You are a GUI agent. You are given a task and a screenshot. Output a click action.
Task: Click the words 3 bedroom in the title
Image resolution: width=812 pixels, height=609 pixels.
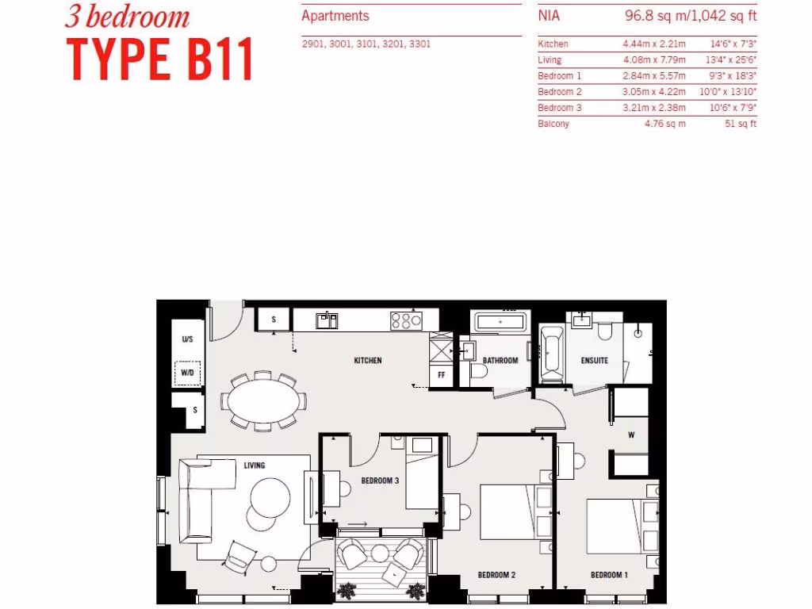(x=127, y=17)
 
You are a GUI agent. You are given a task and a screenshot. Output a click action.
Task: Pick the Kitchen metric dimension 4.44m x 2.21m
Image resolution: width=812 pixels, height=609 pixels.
(x=654, y=44)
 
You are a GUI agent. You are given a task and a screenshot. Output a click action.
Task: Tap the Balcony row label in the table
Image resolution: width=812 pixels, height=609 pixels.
(x=553, y=124)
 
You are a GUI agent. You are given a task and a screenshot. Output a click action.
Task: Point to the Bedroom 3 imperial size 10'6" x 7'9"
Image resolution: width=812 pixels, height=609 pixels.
(x=733, y=108)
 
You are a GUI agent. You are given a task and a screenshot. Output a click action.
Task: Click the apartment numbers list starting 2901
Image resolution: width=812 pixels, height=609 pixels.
(x=366, y=44)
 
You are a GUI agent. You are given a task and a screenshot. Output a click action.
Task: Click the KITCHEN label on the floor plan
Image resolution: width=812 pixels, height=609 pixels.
(x=367, y=361)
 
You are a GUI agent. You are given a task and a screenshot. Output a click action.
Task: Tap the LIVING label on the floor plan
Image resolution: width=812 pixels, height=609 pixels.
(x=254, y=465)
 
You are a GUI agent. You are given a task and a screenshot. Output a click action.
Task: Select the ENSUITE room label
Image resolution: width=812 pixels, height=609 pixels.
(x=594, y=361)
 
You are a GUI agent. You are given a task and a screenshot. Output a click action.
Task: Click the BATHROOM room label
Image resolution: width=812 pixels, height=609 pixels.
(x=500, y=361)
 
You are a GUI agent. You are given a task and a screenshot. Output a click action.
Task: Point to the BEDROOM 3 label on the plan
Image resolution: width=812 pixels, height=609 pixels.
(x=379, y=481)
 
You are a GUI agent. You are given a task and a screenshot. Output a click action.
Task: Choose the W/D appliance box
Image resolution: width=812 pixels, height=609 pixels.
(x=187, y=372)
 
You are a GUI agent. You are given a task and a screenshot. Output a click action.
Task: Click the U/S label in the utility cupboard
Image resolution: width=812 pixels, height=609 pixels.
(x=187, y=339)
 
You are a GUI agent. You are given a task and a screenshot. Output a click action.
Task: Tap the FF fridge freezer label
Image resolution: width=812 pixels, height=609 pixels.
(x=440, y=375)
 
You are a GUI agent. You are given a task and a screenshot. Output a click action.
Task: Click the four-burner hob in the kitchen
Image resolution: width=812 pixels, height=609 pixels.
(x=405, y=320)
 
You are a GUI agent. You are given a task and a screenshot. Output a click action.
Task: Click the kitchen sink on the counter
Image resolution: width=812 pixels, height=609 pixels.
(x=326, y=320)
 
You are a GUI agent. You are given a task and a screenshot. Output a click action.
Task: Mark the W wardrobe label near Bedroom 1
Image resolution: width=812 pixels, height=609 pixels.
(x=631, y=434)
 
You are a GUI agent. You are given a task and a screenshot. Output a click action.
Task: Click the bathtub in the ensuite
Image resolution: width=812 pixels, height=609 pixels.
(x=550, y=352)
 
